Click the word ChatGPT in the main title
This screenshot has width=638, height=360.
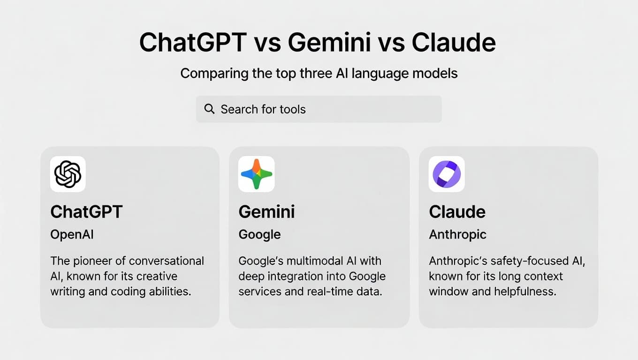(193, 42)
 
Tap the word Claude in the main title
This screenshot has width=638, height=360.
(454, 42)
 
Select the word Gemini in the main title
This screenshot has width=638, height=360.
(329, 42)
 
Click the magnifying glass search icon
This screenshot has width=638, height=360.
(209, 109)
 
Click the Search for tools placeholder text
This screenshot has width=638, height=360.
(263, 109)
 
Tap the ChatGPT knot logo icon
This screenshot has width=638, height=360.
(68, 174)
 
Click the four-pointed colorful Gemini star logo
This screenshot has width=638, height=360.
(256, 174)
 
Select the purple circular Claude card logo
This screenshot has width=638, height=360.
(447, 174)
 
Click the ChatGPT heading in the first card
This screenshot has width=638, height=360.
(87, 212)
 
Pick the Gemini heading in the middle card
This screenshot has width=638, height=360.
(266, 212)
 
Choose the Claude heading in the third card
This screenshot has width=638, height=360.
(457, 212)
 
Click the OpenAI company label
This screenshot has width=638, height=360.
(72, 234)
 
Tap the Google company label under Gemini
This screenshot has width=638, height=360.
(260, 235)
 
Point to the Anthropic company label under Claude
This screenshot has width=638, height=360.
(458, 235)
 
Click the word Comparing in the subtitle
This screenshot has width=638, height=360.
(214, 74)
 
